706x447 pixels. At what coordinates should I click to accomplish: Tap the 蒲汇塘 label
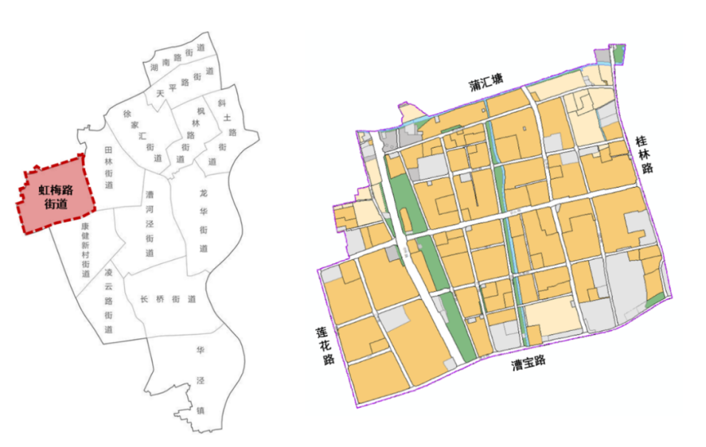point(486,83)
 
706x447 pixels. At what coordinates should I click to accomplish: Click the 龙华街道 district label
point(203,219)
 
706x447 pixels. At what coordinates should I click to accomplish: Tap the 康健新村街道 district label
point(86,250)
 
